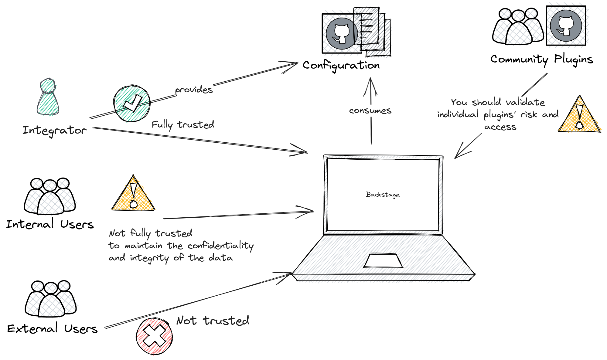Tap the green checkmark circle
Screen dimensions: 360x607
click(x=132, y=104)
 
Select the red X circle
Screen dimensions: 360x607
click(x=154, y=336)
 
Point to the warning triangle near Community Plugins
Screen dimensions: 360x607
click(x=579, y=117)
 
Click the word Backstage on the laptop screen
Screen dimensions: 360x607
click(x=383, y=195)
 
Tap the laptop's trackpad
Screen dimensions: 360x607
click(x=383, y=261)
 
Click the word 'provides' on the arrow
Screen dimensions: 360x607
click(x=194, y=90)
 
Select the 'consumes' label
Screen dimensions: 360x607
click(x=370, y=111)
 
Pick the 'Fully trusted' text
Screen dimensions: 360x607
click(x=183, y=125)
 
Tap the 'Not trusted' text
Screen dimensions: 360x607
click(x=213, y=321)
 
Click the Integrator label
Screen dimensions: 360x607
click(x=55, y=131)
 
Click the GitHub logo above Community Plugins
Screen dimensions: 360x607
click(x=566, y=26)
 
